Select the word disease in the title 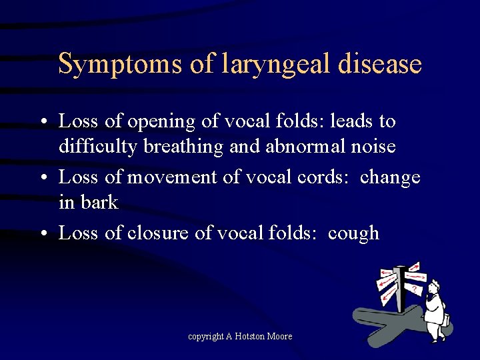pos(379,64)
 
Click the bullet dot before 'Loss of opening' pos(42,122)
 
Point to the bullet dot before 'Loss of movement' pos(42,178)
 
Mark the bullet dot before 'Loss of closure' pos(42,234)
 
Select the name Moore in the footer pos(279,336)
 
